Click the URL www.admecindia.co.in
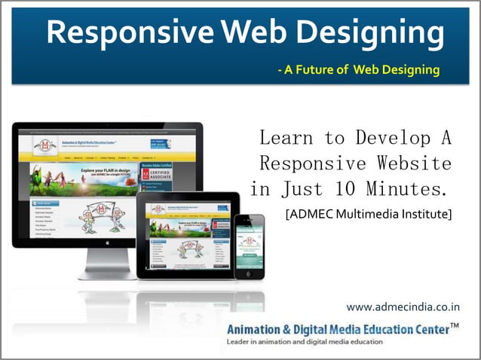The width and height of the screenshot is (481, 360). [403, 307]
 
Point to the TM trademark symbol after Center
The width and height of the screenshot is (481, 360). [454, 325]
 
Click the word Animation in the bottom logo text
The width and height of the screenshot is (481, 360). [259, 329]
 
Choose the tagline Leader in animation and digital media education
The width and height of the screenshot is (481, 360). [305, 342]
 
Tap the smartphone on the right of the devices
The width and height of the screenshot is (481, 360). [249, 246]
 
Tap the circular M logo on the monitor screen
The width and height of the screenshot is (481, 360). [47, 142]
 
